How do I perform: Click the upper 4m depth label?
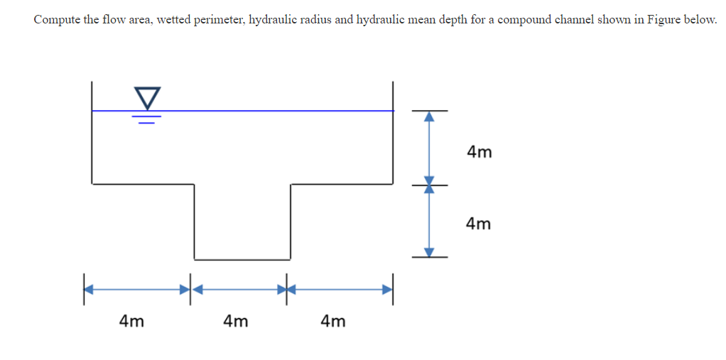[480, 151]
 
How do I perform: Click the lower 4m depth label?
[479, 224]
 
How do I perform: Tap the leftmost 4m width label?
[131, 321]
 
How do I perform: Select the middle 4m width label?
[236, 321]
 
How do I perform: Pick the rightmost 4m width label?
[333, 321]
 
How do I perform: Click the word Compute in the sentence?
[57, 19]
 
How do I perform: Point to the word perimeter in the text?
[215, 19]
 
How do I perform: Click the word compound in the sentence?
[526, 19]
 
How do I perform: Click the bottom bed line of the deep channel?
[242, 258]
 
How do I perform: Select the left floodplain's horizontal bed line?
[142, 184]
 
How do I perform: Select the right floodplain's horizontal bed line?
[341, 184]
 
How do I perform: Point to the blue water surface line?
[270, 111]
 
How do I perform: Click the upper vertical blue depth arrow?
[429, 148]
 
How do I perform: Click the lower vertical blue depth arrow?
[429, 220]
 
